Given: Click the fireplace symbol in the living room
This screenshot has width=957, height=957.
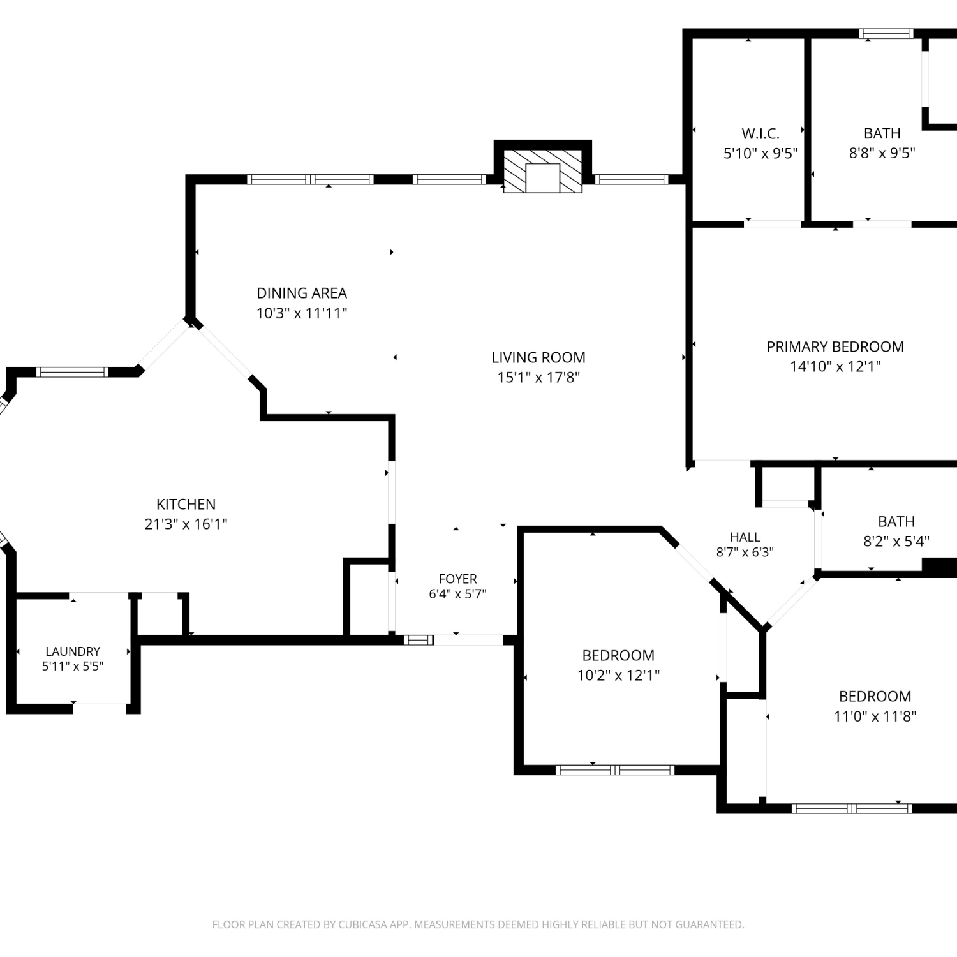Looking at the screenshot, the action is point(543,172).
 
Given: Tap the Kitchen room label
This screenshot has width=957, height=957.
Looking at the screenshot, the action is point(186,504).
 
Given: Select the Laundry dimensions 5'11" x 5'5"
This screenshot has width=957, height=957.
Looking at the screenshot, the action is point(73,666).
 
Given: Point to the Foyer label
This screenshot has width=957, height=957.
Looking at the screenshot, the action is point(457,579).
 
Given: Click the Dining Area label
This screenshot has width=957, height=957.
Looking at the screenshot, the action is point(302,293).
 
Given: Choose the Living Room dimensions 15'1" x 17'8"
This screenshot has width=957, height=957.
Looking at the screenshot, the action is point(538,377).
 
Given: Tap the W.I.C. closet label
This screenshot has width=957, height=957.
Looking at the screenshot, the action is point(760,133).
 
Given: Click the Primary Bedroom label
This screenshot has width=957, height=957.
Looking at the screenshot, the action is point(835,346).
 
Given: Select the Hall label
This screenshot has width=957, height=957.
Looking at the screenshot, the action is point(745,537).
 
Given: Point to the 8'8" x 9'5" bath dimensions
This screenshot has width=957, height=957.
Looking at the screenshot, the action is point(882,153).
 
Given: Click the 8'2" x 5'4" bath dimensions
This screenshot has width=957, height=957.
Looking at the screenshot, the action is point(896,541).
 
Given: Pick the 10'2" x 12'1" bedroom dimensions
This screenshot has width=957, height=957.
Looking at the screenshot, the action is point(618,675).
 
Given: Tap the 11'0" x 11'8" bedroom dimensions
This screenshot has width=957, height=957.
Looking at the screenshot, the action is point(875,716).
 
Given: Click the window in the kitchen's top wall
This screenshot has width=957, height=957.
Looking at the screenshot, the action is point(73,372).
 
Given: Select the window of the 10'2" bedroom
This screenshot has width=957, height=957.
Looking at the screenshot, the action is point(615,770).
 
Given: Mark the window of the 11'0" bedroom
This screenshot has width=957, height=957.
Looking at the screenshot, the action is point(852,808).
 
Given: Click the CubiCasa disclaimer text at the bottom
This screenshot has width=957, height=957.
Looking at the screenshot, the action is point(478,924).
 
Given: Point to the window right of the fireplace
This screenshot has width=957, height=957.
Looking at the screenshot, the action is point(631,179).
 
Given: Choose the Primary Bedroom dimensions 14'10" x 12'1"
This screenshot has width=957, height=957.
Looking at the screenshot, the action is point(835,366).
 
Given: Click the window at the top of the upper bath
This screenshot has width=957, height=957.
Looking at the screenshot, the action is point(886,34).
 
